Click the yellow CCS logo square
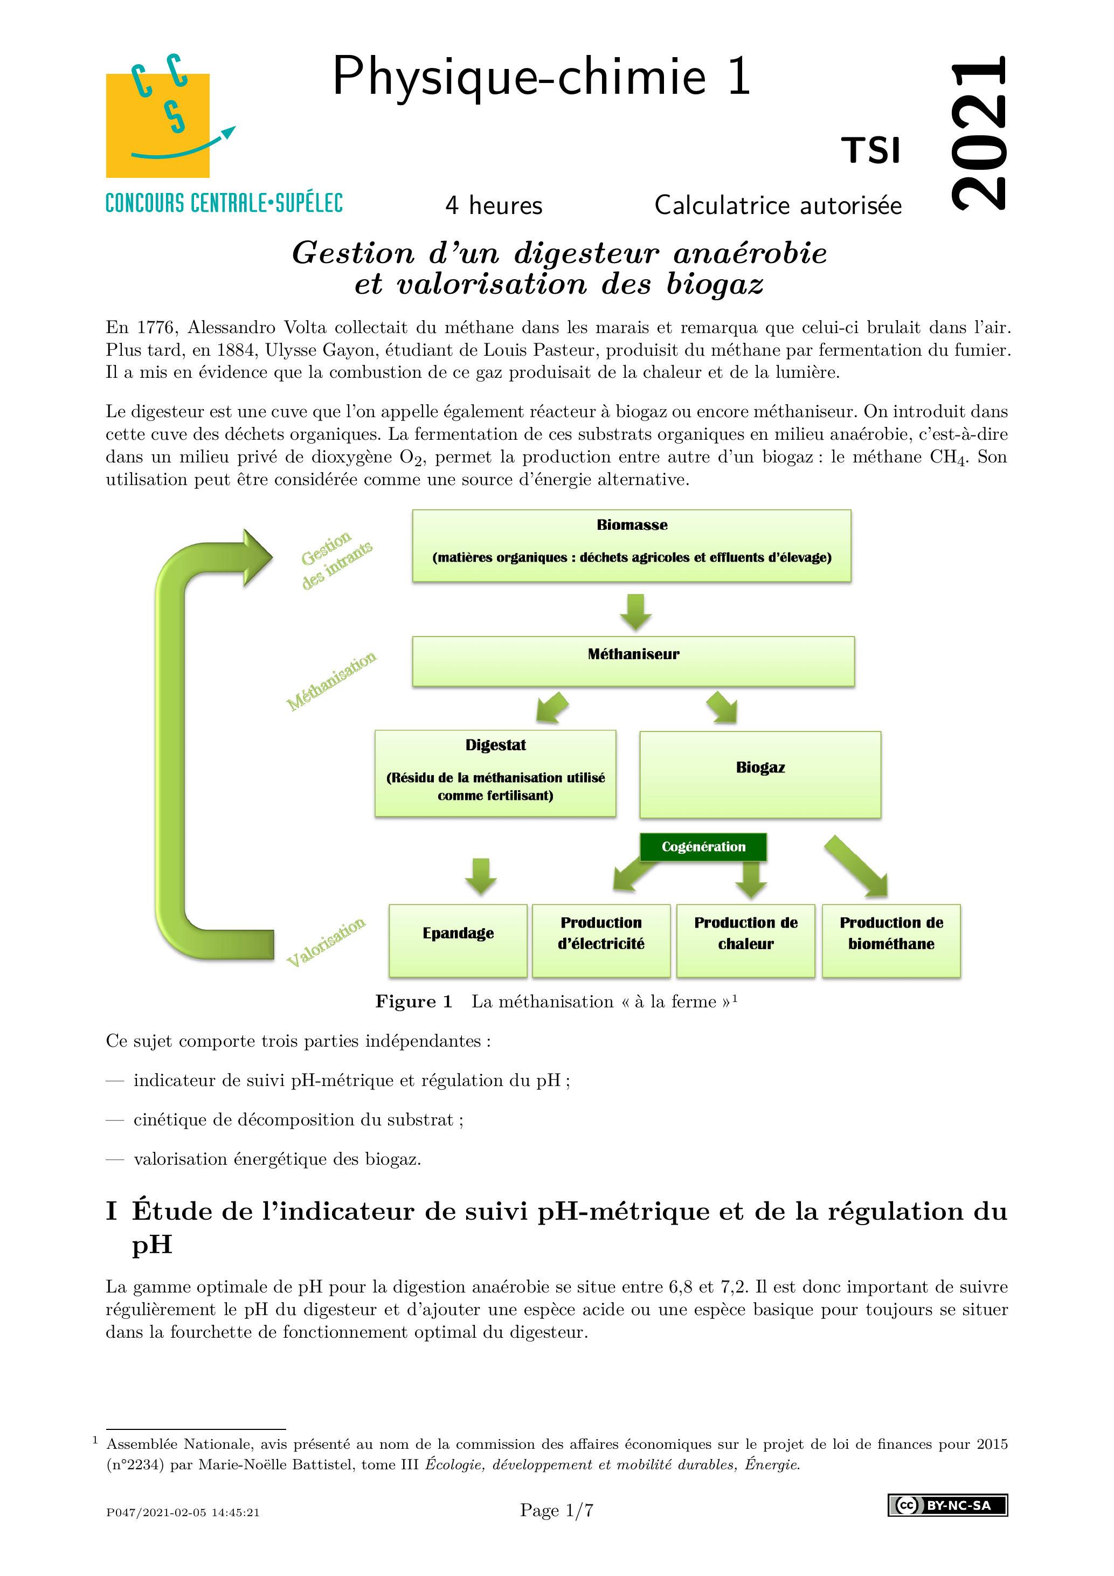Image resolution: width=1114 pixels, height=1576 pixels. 157,125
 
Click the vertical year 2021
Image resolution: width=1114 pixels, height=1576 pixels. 979,132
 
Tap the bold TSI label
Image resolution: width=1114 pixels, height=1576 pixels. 871,151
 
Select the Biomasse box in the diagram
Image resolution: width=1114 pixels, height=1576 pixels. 632,545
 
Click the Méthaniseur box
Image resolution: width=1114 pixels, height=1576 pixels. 633,661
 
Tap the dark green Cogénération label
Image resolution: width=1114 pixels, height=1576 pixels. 703,846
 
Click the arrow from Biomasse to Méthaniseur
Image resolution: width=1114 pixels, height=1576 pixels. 635,611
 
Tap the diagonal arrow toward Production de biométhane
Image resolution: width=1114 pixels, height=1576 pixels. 858,866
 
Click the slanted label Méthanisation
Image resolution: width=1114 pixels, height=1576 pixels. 331,681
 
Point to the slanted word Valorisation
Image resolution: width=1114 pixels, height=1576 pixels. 326,941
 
